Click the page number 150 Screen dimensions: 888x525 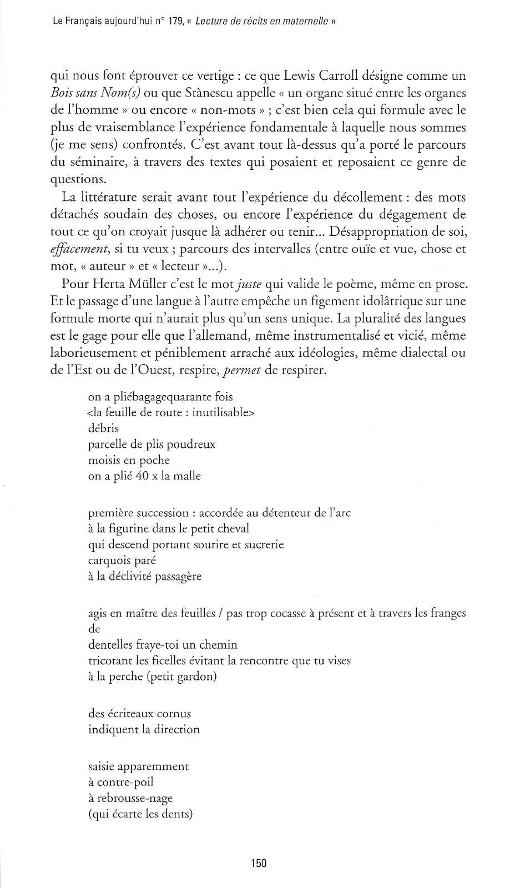259,863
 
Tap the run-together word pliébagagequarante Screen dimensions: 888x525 165,397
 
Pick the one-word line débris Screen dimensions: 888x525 103,428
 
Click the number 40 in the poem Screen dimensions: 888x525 142,476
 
